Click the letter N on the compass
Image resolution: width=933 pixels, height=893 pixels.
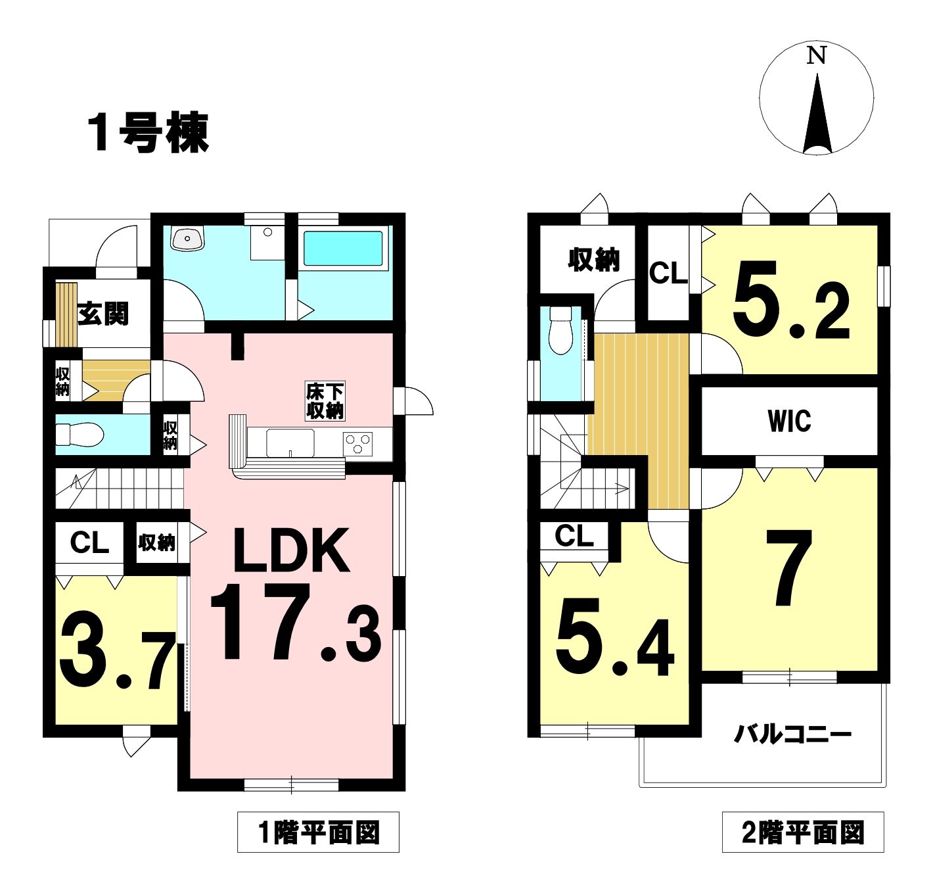pyautogui.click(x=817, y=56)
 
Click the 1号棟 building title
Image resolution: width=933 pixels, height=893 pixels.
pyautogui.click(x=148, y=133)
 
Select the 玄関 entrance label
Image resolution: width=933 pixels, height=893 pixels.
pyautogui.click(x=103, y=314)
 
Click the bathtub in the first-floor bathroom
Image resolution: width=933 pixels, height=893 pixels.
pyautogui.click(x=343, y=249)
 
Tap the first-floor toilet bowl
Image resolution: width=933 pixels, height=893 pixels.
pyautogui.click(x=80, y=435)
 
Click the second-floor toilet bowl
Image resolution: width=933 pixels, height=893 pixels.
pyautogui.click(x=561, y=330)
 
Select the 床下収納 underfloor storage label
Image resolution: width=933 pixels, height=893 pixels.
pyautogui.click(x=325, y=401)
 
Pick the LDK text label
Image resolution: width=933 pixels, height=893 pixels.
pyautogui.click(x=291, y=550)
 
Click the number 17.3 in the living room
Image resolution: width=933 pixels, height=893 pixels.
pyautogui.click(x=296, y=624)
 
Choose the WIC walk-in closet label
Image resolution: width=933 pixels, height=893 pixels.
pyautogui.click(x=789, y=422)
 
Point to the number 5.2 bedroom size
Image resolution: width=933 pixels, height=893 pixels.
pyautogui.click(x=791, y=301)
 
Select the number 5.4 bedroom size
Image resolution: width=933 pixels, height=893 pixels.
pyautogui.click(x=614, y=638)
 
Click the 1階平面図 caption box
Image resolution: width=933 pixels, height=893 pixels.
pyautogui.click(x=319, y=832)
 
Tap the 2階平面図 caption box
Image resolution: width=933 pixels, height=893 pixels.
pyautogui.click(x=803, y=832)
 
